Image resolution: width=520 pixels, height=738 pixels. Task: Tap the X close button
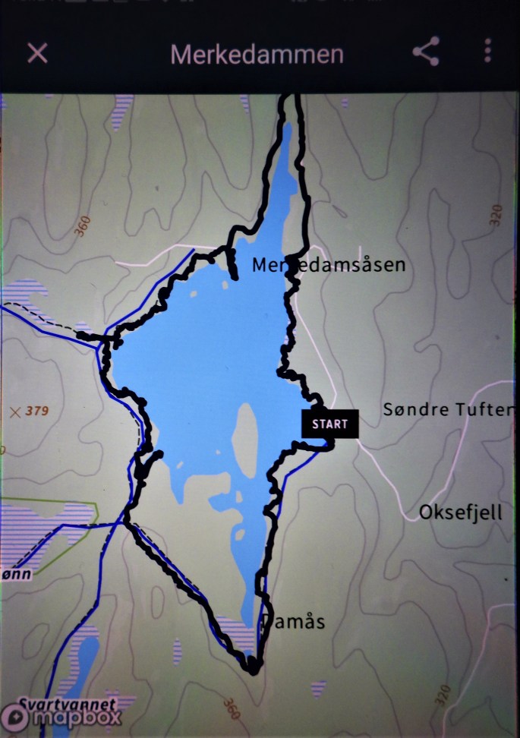(37, 52)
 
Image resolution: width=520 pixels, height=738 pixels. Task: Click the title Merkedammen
(257, 55)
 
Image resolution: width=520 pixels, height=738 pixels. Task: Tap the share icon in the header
(426, 52)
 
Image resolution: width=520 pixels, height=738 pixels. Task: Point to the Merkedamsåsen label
(329, 265)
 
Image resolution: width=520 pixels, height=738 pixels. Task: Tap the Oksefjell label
(461, 512)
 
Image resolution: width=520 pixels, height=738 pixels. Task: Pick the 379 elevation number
(36, 412)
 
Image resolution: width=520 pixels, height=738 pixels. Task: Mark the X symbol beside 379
(14, 412)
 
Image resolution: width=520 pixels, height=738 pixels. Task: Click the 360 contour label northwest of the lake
(83, 225)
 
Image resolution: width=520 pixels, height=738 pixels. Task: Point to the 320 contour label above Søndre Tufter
(497, 216)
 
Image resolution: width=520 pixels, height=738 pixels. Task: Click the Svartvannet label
(68, 703)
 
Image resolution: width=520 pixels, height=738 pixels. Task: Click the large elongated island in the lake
(244, 440)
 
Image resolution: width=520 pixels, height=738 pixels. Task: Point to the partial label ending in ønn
(16, 574)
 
